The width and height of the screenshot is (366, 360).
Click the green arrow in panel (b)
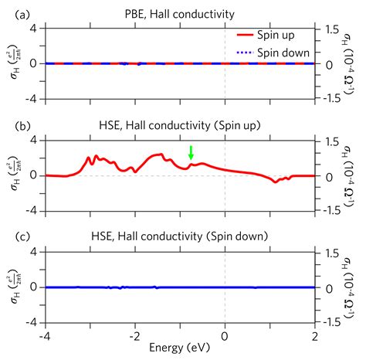click(191, 152)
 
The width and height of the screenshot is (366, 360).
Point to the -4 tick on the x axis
click(45, 335)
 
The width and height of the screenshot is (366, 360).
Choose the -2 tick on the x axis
click(134, 335)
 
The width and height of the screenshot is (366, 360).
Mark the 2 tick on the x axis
click(316, 335)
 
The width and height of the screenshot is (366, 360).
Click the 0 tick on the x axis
click(225, 335)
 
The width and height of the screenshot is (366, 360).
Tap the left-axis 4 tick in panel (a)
click(35, 28)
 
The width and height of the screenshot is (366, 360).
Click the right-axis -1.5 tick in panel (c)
click(330, 322)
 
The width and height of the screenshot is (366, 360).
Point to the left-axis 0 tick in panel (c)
click(35, 287)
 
